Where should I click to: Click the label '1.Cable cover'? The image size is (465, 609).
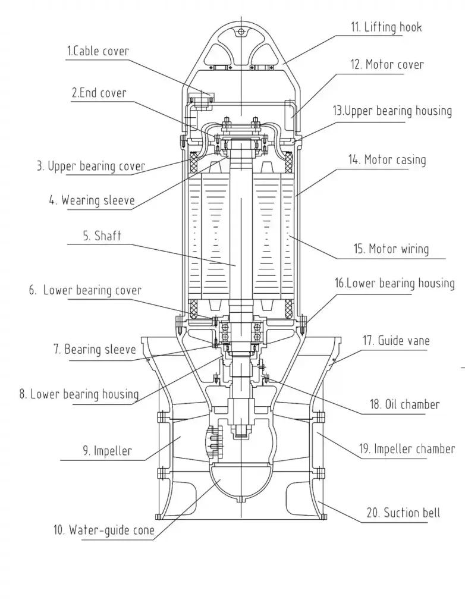97,51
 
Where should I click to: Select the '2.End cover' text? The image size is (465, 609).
99,93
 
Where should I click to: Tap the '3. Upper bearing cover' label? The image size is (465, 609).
91,166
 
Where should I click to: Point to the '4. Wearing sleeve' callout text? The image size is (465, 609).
92,200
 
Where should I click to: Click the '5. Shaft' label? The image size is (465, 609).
102,236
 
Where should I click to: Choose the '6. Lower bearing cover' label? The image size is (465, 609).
85,290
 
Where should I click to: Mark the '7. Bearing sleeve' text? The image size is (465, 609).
95,349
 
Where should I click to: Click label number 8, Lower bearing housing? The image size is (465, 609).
78,394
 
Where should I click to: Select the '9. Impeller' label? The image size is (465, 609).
107,451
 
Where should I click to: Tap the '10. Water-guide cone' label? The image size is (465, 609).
103,529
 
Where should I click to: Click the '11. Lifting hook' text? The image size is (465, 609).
385,27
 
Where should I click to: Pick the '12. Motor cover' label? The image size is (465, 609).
387,64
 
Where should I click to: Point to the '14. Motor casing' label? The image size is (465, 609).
387,159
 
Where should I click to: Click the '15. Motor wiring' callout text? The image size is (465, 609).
391,249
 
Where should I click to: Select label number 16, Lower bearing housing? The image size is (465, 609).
394,283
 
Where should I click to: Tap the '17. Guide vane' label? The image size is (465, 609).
395,341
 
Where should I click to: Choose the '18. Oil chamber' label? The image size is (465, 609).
404,404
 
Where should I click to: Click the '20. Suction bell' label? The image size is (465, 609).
403,513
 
